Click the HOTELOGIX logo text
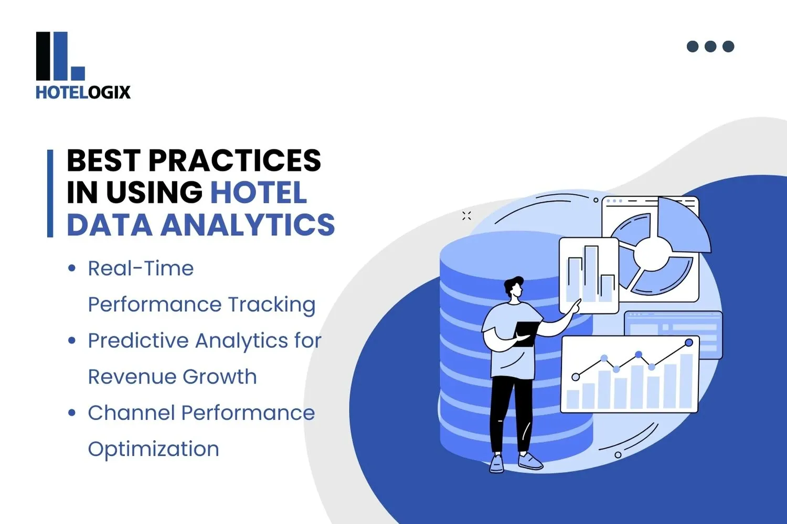(83, 93)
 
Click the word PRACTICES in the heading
(235, 160)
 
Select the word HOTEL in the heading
(258, 193)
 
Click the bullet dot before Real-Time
(72, 269)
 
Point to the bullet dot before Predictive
(72, 341)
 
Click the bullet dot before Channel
(72, 413)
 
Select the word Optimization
(153, 450)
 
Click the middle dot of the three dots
(710, 47)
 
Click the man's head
(513, 288)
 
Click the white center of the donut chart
(652, 255)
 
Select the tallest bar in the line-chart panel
(686, 381)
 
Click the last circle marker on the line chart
(689, 343)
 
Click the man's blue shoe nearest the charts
(530, 461)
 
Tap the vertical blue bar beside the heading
(50, 193)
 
